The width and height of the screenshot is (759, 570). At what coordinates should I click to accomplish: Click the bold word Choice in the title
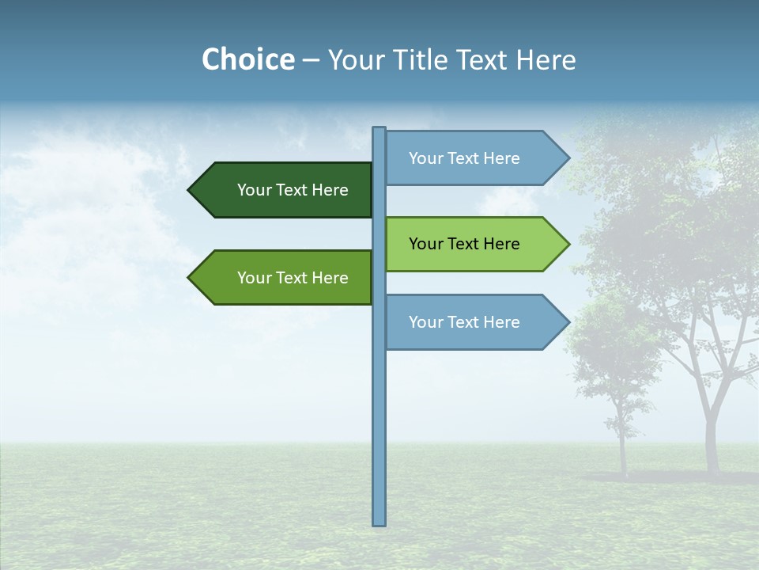(247, 59)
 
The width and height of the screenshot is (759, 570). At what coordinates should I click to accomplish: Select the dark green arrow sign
(285, 190)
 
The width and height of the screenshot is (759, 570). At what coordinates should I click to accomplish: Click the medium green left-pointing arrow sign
(285, 278)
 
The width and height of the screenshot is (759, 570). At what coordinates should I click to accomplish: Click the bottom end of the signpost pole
(379, 522)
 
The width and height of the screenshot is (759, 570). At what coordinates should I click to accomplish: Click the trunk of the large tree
(712, 443)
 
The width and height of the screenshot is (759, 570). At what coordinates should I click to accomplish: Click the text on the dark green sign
(293, 190)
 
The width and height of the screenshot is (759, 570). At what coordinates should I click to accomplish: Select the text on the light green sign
(464, 244)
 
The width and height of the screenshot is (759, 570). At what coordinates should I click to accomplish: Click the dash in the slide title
(311, 60)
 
